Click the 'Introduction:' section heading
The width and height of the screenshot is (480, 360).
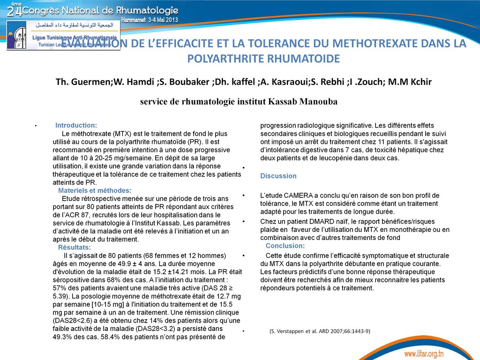[76, 125]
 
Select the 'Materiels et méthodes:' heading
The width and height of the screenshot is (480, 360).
[95, 190]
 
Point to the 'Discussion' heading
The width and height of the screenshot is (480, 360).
[278, 176]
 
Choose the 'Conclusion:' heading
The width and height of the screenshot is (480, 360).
[285, 246]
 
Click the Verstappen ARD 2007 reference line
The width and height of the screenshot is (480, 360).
[320, 331]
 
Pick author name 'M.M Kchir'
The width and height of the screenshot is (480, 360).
[411, 82]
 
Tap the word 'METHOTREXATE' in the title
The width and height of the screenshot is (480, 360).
[368, 44]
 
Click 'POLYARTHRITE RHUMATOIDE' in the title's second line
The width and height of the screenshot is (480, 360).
[263, 59]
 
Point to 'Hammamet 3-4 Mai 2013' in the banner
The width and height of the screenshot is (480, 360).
[150, 20]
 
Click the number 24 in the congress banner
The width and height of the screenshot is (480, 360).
[15, 10]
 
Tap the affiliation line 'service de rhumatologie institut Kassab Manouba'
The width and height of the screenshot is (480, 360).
[239, 102]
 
